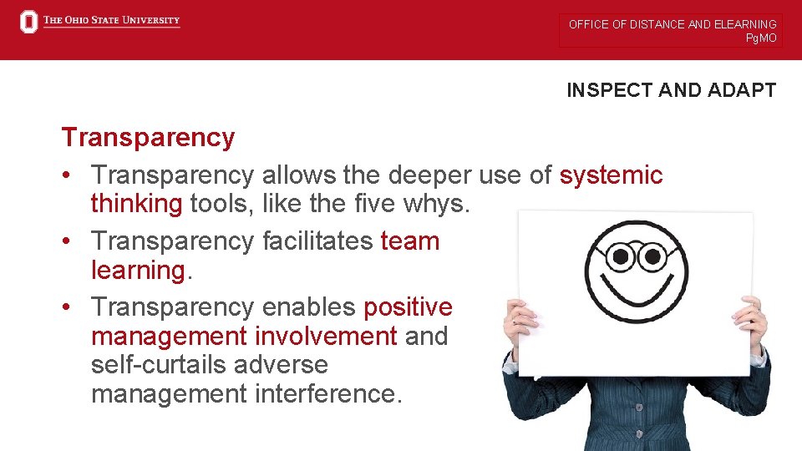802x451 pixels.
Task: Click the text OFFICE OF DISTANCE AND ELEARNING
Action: tap(672, 24)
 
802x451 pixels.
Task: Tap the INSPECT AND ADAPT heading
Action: tap(671, 90)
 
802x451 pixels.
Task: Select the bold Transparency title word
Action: tap(148, 137)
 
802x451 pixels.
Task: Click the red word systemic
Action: tap(611, 175)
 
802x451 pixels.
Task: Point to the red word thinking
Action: tap(136, 204)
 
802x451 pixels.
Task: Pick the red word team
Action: tap(409, 241)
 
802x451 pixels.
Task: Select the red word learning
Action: tap(137, 271)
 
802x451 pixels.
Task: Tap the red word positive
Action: tap(408, 307)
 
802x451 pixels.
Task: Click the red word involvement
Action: tap(326, 337)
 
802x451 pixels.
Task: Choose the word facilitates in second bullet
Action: tap(317, 241)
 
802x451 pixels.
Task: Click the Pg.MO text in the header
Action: tap(761, 38)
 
